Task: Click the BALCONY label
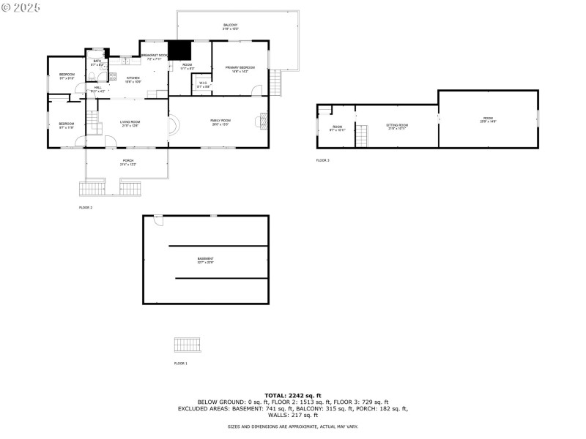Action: (x=230, y=26)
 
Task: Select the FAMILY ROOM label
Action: (x=220, y=121)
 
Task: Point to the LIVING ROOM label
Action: (x=130, y=124)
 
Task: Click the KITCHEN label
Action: (x=133, y=79)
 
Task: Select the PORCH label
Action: (x=128, y=162)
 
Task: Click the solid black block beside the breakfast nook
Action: (x=179, y=50)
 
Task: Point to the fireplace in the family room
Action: (x=262, y=122)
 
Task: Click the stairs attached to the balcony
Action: (x=276, y=82)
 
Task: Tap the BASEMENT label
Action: (x=206, y=260)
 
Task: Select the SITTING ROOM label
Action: (x=397, y=126)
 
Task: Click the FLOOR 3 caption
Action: (x=322, y=160)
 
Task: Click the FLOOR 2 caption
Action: (x=86, y=208)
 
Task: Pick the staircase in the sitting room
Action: (x=361, y=135)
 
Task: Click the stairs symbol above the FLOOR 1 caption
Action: (x=186, y=345)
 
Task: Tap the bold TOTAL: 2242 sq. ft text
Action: (x=293, y=395)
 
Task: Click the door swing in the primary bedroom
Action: (x=256, y=91)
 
